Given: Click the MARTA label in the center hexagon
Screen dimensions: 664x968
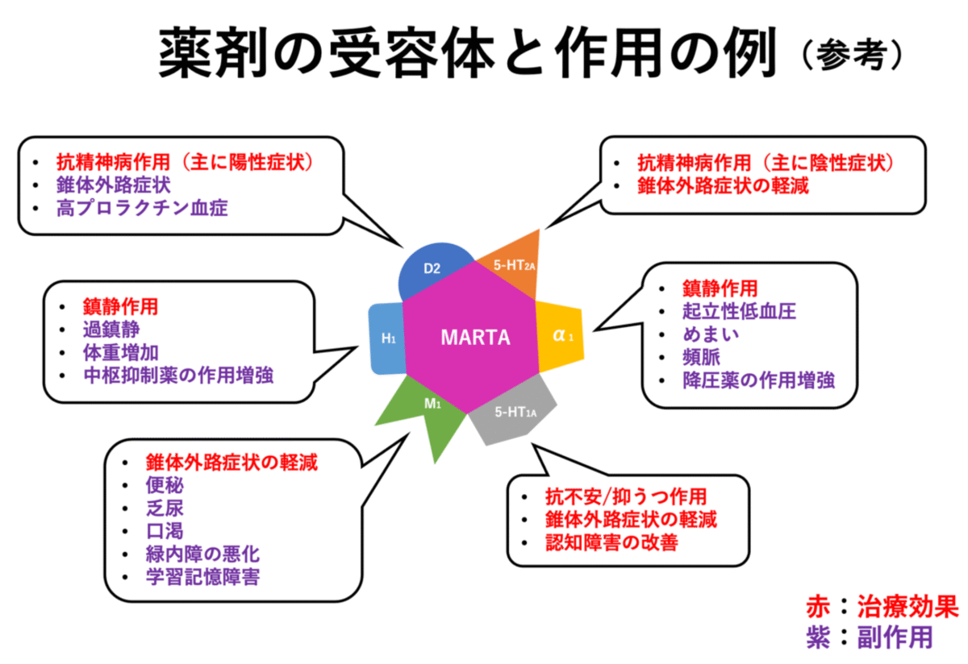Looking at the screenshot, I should [x=475, y=337].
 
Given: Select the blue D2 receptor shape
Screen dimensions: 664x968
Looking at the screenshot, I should [x=434, y=271].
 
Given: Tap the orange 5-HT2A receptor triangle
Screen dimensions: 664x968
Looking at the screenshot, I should [x=512, y=258].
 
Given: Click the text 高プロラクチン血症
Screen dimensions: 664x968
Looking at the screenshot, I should [x=142, y=208].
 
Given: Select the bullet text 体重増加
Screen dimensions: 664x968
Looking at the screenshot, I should [x=120, y=351].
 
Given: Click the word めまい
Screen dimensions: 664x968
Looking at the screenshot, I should [x=711, y=334].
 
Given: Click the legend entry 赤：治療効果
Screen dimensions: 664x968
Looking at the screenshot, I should [x=882, y=606].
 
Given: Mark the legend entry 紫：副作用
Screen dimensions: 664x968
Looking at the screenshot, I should [x=869, y=637].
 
